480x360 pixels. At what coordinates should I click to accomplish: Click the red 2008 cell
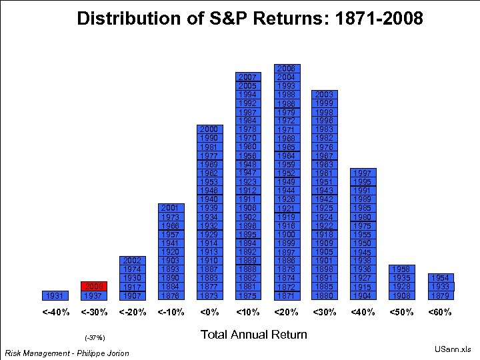pos(95,287)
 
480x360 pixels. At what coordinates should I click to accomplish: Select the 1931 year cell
pos(56,295)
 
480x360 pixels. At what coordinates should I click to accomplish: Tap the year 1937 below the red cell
pos(95,295)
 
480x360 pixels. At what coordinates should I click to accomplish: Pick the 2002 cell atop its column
pos(133,261)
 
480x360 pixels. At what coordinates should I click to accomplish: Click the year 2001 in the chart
pos(171,209)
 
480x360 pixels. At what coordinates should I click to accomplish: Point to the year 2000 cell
pos(209,129)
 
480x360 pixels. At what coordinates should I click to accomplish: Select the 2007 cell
pos(248,78)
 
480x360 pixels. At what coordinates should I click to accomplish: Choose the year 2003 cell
pos(325,95)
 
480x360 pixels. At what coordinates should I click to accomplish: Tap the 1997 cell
pos(363,173)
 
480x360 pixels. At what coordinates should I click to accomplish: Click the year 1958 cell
pos(401,269)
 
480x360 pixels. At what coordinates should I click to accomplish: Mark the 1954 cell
pos(439,278)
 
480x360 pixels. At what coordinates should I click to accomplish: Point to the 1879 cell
pos(439,295)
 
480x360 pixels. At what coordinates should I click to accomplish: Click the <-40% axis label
pos(56,312)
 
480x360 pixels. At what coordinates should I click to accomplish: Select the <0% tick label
pos(209,312)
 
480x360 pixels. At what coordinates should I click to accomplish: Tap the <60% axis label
pos(439,312)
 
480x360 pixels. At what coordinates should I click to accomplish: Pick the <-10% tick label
pos(171,312)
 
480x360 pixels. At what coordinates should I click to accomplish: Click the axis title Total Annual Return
pos(253,335)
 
